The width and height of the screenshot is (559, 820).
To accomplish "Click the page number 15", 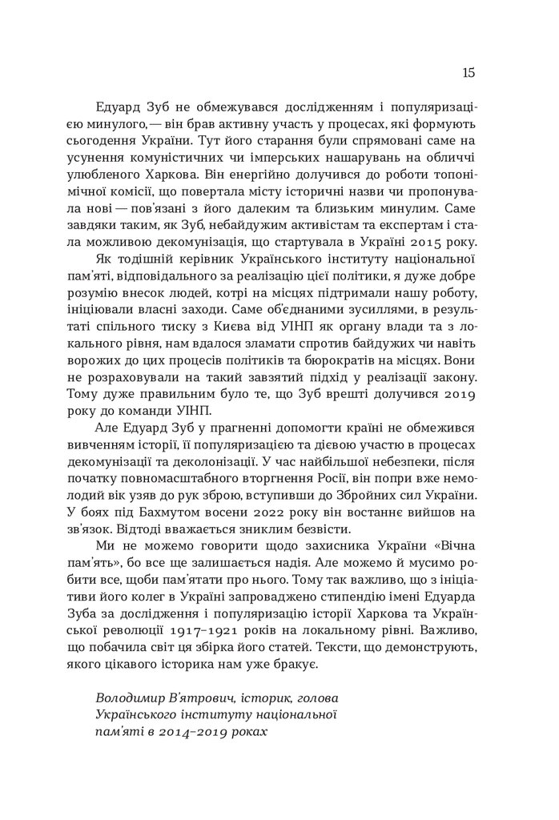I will coord(469,73).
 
